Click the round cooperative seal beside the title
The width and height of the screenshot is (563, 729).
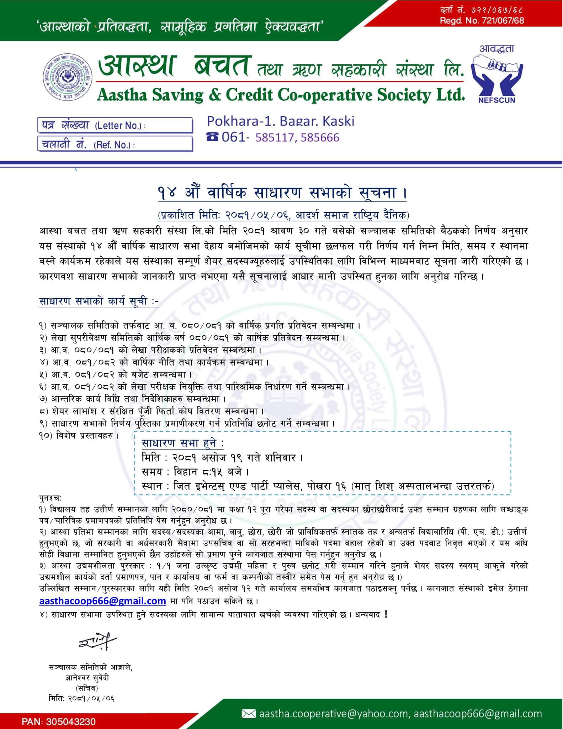(68, 75)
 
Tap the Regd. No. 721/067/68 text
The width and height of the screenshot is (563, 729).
(482, 21)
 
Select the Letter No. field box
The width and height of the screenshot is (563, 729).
(115, 125)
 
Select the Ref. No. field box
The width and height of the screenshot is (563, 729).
(115, 144)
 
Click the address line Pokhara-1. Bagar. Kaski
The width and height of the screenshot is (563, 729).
(281, 121)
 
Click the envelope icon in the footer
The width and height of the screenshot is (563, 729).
(249, 713)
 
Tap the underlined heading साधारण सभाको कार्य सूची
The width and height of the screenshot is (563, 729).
(99, 301)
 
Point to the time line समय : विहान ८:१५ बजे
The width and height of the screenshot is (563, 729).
(195, 472)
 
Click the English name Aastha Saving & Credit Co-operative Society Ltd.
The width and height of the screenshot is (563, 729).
(281, 95)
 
